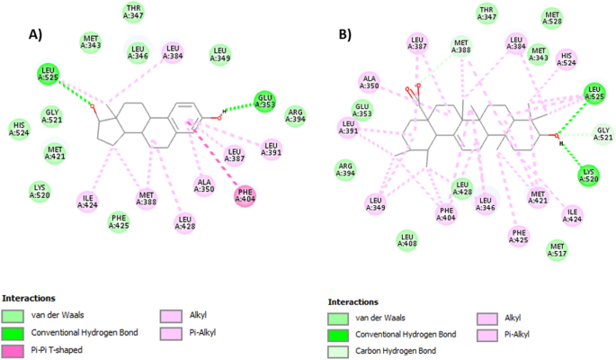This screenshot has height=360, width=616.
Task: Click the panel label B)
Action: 345,35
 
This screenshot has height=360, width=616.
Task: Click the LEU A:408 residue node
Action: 407,239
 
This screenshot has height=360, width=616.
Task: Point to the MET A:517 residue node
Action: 558,248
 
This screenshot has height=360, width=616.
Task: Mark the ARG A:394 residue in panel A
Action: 295,116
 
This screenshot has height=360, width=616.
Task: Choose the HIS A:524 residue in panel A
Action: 18,130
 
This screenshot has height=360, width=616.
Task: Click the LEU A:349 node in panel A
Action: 220,55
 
